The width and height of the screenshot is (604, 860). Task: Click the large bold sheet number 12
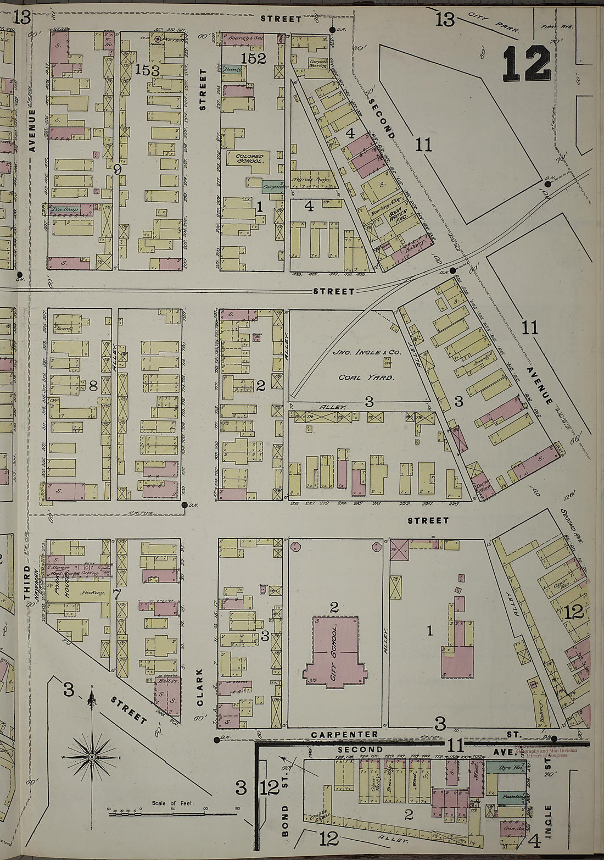click(525, 64)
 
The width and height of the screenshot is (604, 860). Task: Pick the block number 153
click(147, 71)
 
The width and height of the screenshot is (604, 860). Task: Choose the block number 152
click(253, 58)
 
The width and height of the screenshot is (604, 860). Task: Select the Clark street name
click(200, 687)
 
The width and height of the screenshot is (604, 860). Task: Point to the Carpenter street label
click(344, 735)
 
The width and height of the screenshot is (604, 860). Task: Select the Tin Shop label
click(65, 209)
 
